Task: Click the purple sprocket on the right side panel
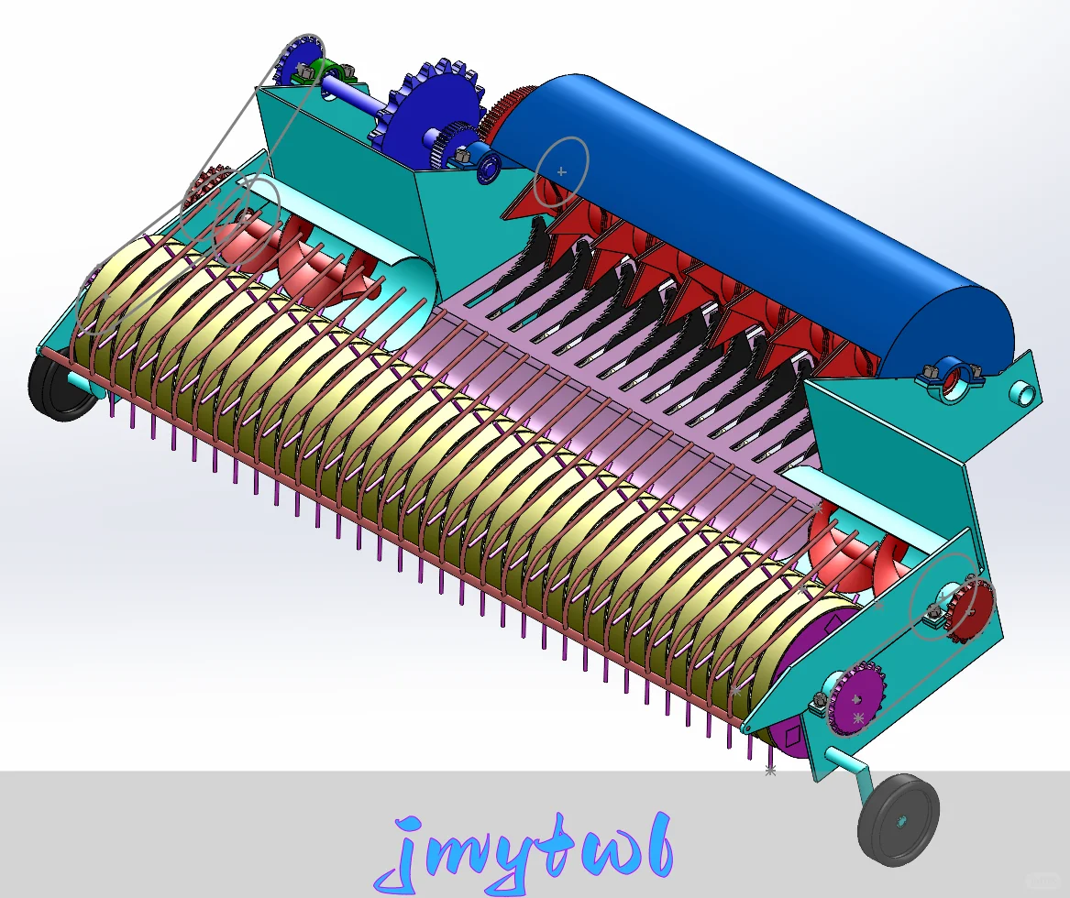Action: point(858,700)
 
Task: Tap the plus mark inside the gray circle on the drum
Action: point(562,171)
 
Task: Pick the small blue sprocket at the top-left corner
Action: point(299,60)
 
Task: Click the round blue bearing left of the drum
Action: point(486,164)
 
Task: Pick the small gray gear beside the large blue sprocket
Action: point(449,147)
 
